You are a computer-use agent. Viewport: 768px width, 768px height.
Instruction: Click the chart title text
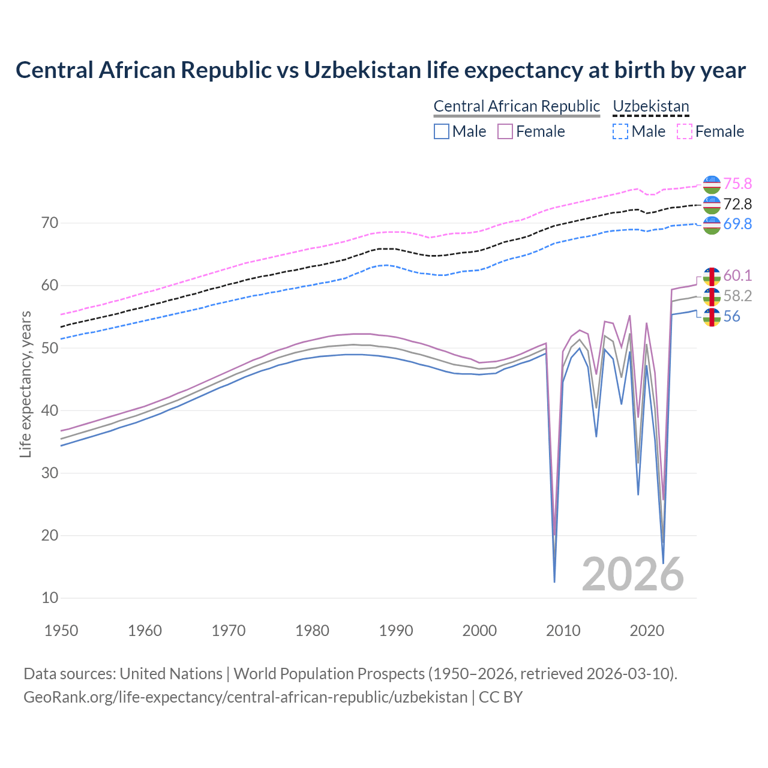point(380,70)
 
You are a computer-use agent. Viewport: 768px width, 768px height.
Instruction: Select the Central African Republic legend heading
point(516,106)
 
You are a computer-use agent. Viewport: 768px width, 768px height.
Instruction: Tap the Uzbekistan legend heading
point(650,106)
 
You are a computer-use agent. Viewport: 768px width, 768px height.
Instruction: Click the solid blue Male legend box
point(442,131)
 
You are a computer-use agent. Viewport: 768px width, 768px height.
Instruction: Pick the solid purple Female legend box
point(505,131)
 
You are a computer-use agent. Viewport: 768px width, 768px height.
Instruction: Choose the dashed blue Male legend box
point(620,131)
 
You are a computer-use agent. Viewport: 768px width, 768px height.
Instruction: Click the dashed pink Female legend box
point(685,131)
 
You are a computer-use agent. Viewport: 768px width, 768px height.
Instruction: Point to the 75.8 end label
point(737,184)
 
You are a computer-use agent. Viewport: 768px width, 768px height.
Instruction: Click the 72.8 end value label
point(737,204)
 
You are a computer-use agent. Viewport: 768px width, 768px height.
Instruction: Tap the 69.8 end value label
point(737,224)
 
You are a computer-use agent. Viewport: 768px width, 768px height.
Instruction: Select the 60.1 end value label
point(737,275)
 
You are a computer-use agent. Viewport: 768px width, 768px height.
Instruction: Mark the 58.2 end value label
point(737,296)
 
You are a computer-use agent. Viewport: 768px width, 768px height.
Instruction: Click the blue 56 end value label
point(731,316)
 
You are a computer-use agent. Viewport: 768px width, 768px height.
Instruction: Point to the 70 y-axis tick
point(50,223)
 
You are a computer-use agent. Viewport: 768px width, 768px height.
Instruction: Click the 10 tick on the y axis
point(50,598)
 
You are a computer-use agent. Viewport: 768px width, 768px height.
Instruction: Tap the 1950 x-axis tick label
point(61,631)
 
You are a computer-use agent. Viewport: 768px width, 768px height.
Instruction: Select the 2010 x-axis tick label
point(563,631)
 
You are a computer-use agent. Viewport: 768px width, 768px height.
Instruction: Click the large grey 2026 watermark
point(632,574)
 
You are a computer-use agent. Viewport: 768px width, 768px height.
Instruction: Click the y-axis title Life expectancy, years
point(26,384)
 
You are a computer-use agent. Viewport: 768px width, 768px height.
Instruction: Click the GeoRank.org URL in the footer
point(245,697)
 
